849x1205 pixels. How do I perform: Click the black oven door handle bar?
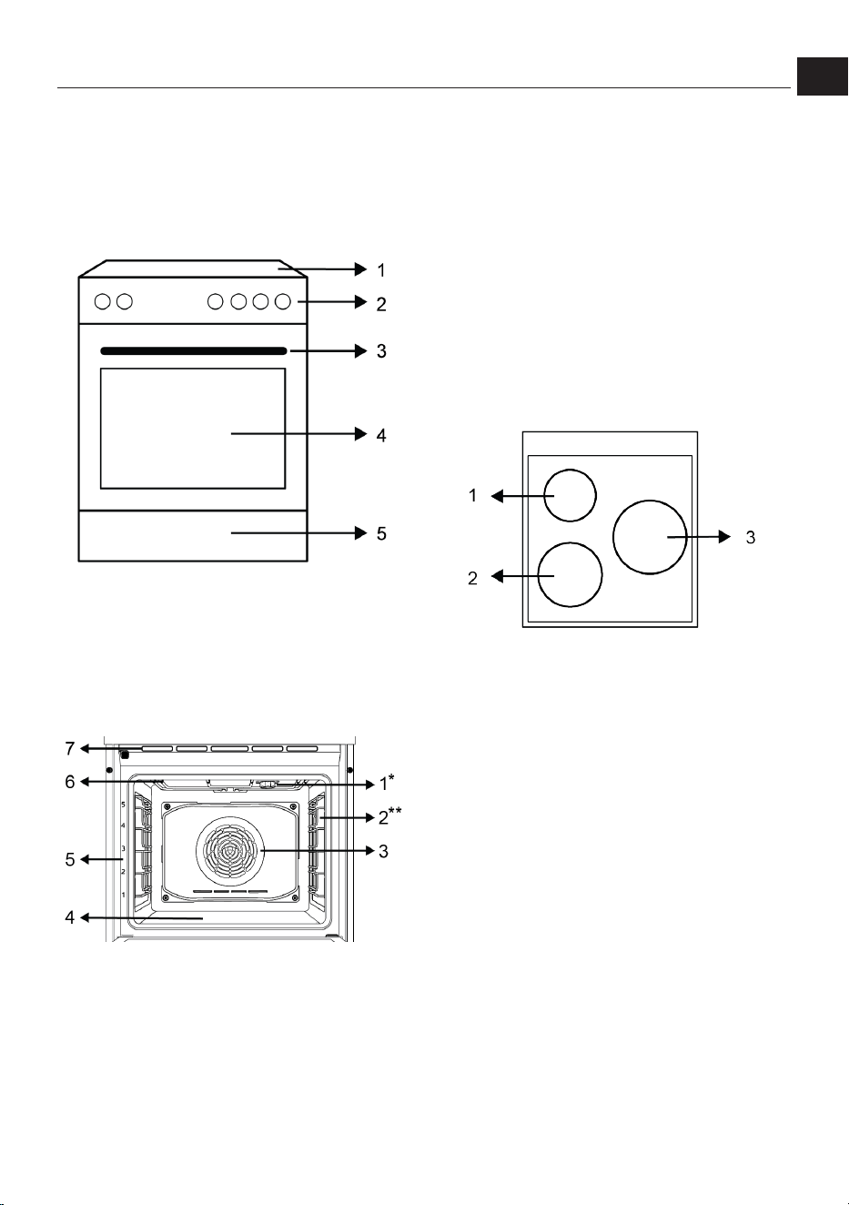193,351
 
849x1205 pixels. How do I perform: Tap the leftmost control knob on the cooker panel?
102,302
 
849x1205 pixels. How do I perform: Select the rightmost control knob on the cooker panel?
282,302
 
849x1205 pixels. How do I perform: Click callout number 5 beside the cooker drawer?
381,533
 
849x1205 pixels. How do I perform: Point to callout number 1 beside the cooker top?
381,270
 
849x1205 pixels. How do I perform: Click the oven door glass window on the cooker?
193,429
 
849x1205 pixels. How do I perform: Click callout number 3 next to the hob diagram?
751,537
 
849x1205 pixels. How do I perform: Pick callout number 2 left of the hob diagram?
472,578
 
